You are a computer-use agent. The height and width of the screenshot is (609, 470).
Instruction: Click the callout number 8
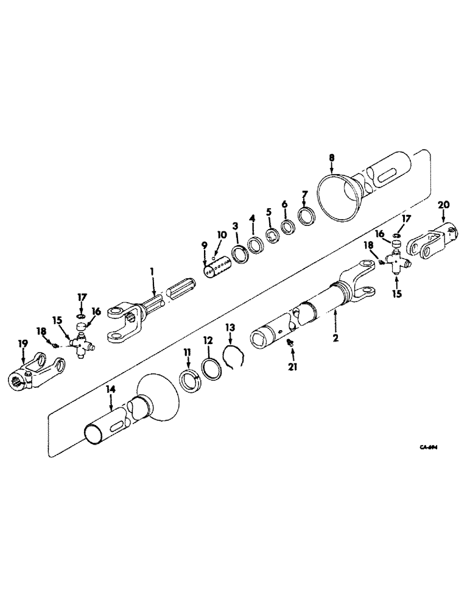click(x=332, y=157)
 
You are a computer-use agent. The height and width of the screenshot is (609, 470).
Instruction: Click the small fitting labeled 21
click(x=291, y=345)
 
